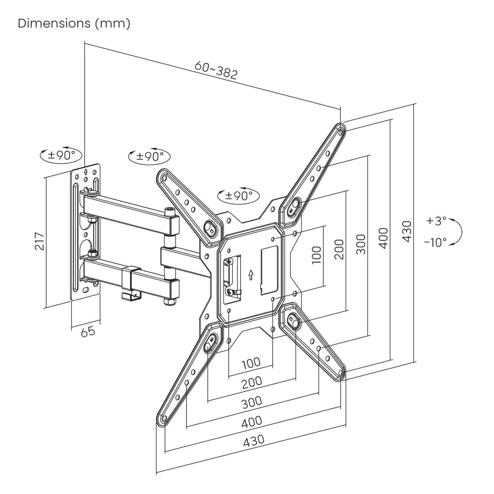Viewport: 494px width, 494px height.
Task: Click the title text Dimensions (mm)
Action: coord(74,24)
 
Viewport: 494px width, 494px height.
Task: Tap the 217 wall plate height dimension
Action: coord(40,241)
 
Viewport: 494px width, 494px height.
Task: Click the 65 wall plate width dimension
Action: coord(88,331)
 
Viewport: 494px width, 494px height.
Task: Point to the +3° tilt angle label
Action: coord(436,221)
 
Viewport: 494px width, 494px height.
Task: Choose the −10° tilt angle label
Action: coord(435,242)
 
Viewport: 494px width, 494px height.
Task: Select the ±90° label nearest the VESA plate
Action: coord(239,195)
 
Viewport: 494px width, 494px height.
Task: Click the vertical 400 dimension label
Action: coord(384,238)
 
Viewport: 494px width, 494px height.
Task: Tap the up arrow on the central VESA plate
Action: coord(251,274)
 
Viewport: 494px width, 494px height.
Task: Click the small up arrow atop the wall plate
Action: coord(85,172)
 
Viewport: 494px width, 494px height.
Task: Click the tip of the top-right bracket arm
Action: coord(340,129)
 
